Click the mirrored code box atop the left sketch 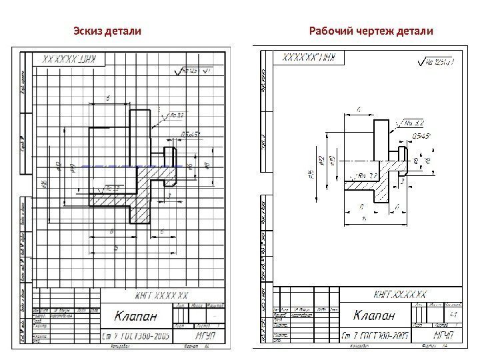pyautogui.click(x=69, y=59)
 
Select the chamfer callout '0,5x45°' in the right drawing pyautogui.click(x=423, y=137)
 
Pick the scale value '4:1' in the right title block pyautogui.click(x=456, y=314)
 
